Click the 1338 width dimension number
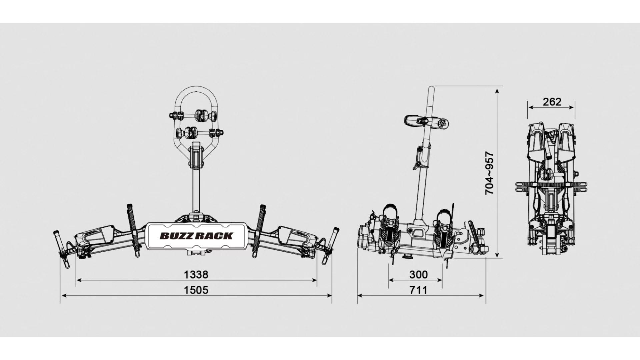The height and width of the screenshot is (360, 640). [x=196, y=275]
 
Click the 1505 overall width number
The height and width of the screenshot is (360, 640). [x=196, y=290]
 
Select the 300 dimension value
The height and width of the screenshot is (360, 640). [x=418, y=275]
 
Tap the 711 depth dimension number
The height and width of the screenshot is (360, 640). [x=418, y=290]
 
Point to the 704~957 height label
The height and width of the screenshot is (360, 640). [x=489, y=173]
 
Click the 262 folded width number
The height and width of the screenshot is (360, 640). [x=552, y=102]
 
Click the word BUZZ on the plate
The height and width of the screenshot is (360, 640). [x=176, y=236]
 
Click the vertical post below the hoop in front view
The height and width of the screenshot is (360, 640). [x=196, y=190]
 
